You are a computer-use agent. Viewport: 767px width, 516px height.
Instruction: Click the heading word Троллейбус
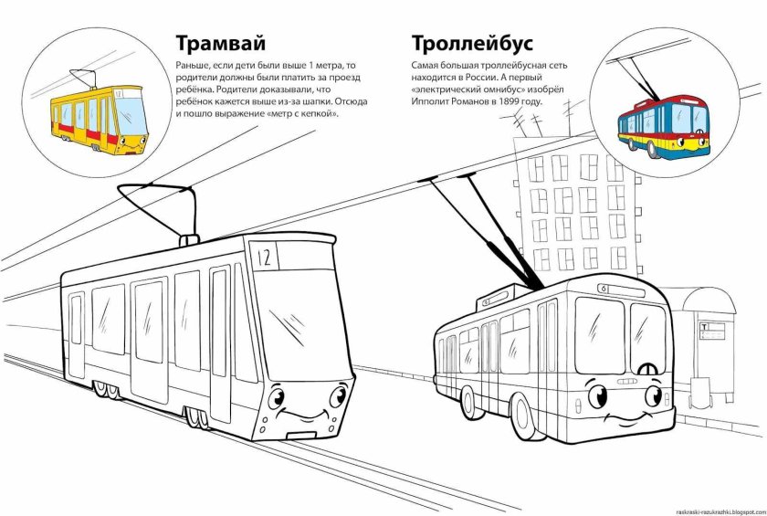(472, 44)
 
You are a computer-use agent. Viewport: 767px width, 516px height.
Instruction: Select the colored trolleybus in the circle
(665, 125)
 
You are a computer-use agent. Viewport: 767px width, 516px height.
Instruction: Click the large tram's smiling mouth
(308, 419)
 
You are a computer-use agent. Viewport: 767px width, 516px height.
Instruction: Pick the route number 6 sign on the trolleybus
(604, 289)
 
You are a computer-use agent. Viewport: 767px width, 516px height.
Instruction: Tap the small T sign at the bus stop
(705, 325)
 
